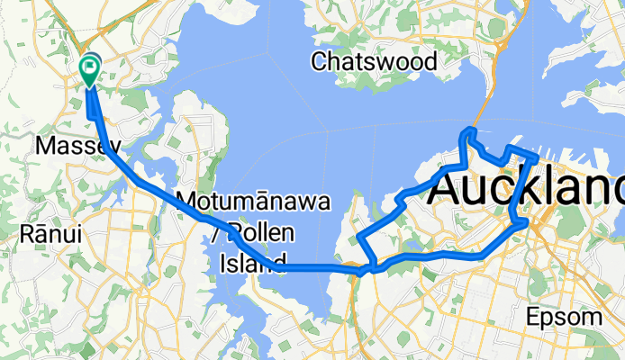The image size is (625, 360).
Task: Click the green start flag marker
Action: (91, 67)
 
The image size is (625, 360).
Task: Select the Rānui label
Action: (50, 234)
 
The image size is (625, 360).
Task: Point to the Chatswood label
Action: (374, 62)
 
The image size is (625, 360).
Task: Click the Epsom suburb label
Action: (565, 317)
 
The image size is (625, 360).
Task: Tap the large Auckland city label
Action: (528, 189)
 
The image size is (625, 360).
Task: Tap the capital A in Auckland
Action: (451, 189)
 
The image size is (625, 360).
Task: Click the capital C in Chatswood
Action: (319, 62)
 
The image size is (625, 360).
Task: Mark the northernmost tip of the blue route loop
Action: (467, 132)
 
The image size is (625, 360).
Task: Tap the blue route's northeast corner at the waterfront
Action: (536, 158)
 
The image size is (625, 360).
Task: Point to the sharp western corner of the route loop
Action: (360, 237)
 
